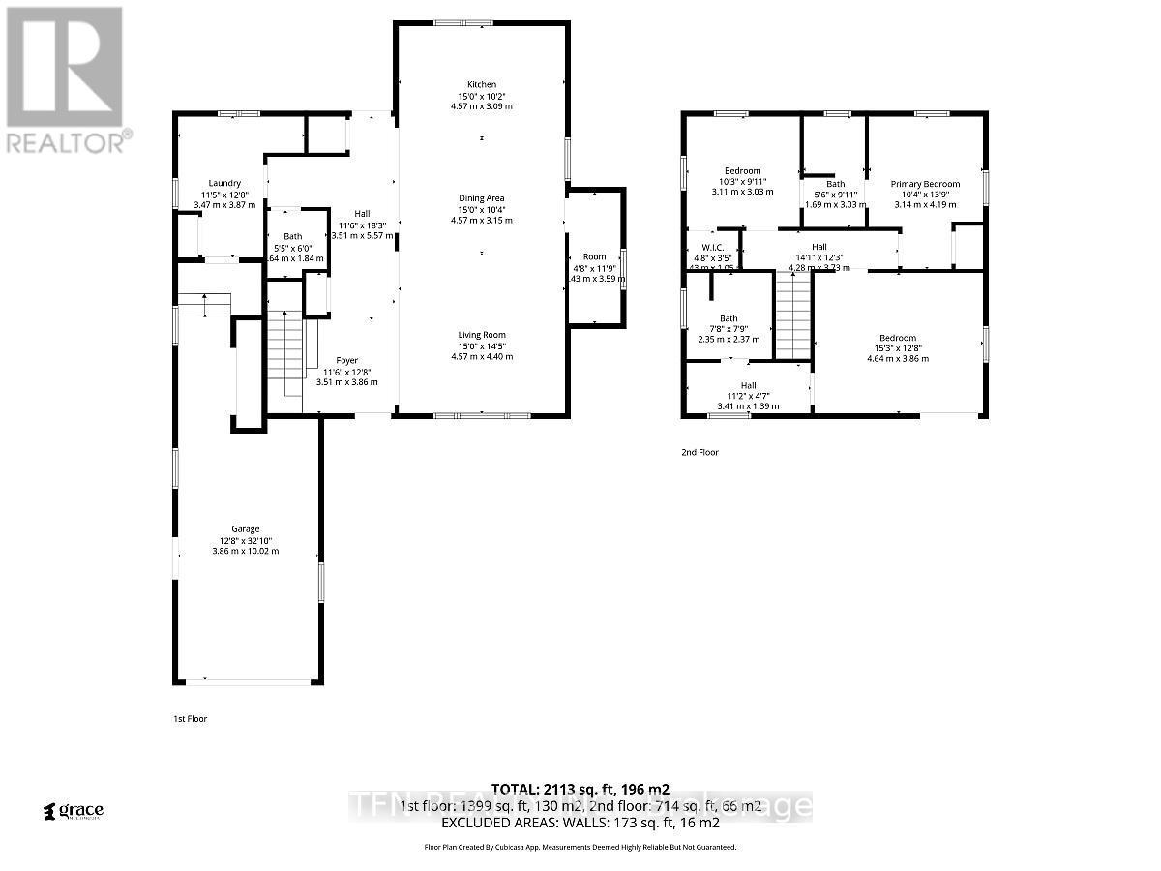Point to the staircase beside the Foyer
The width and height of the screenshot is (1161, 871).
(284, 358)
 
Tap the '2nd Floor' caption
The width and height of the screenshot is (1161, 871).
(700, 452)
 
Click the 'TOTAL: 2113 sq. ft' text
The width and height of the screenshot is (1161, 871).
(580, 789)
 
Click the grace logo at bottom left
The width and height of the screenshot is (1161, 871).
(74, 811)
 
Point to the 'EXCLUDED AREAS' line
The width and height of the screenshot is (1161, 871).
(580, 823)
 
